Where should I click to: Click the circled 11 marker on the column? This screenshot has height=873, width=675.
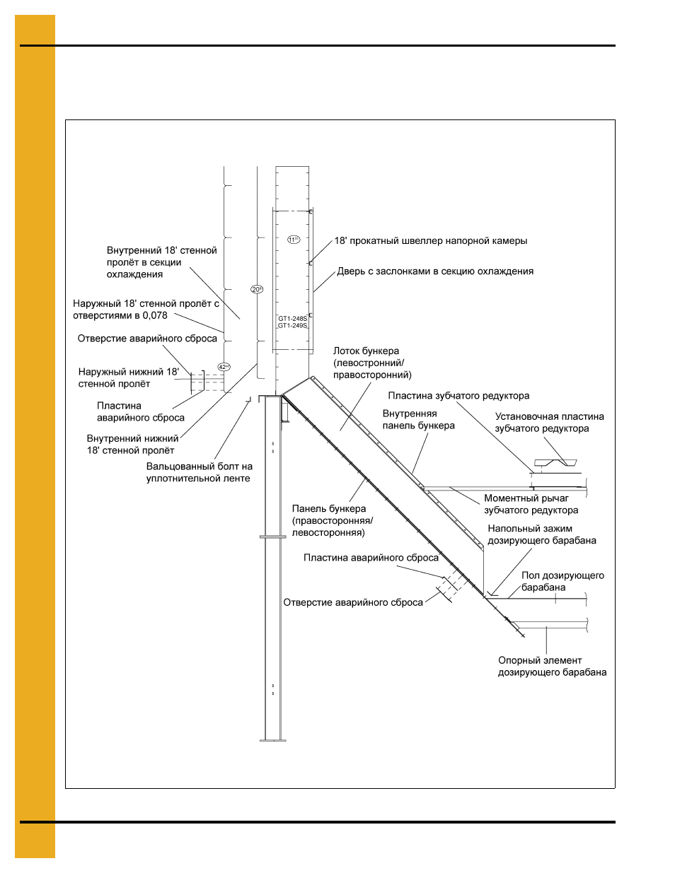pyautogui.click(x=294, y=240)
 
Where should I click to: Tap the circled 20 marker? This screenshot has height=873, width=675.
pyautogui.click(x=257, y=289)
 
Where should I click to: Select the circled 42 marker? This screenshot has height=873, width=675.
pyautogui.click(x=224, y=367)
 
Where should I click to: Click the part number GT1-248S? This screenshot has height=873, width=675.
pyautogui.click(x=292, y=319)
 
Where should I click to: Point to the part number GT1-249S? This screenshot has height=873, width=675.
pyautogui.click(x=292, y=325)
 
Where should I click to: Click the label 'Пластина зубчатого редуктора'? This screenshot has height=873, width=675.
pyautogui.click(x=458, y=396)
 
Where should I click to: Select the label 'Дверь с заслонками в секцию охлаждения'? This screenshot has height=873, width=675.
pyautogui.click(x=435, y=271)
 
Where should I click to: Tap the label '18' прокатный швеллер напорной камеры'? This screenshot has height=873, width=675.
pyautogui.click(x=431, y=241)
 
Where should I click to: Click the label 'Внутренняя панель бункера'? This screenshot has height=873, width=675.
pyautogui.click(x=418, y=419)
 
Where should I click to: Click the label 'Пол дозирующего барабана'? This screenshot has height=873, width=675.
pyautogui.click(x=562, y=581)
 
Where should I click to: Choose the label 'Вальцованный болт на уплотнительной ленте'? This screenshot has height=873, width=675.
pyautogui.click(x=199, y=472)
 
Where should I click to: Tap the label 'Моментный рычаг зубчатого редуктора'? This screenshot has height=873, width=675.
pyautogui.click(x=531, y=504)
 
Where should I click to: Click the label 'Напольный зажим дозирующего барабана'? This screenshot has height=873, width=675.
pyautogui.click(x=542, y=534)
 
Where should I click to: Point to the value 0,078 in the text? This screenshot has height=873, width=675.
pyautogui.click(x=154, y=316)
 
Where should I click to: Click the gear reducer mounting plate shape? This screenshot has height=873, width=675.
pyautogui.click(x=555, y=463)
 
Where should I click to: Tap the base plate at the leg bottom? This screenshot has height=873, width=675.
pyautogui.click(x=273, y=740)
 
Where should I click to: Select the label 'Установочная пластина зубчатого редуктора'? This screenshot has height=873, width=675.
pyautogui.click(x=549, y=423)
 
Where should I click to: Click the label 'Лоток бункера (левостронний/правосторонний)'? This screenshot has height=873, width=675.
pyautogui.click(x=372, y=363)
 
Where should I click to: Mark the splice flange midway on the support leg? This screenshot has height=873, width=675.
pyautogui.click(x=273, y=537)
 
